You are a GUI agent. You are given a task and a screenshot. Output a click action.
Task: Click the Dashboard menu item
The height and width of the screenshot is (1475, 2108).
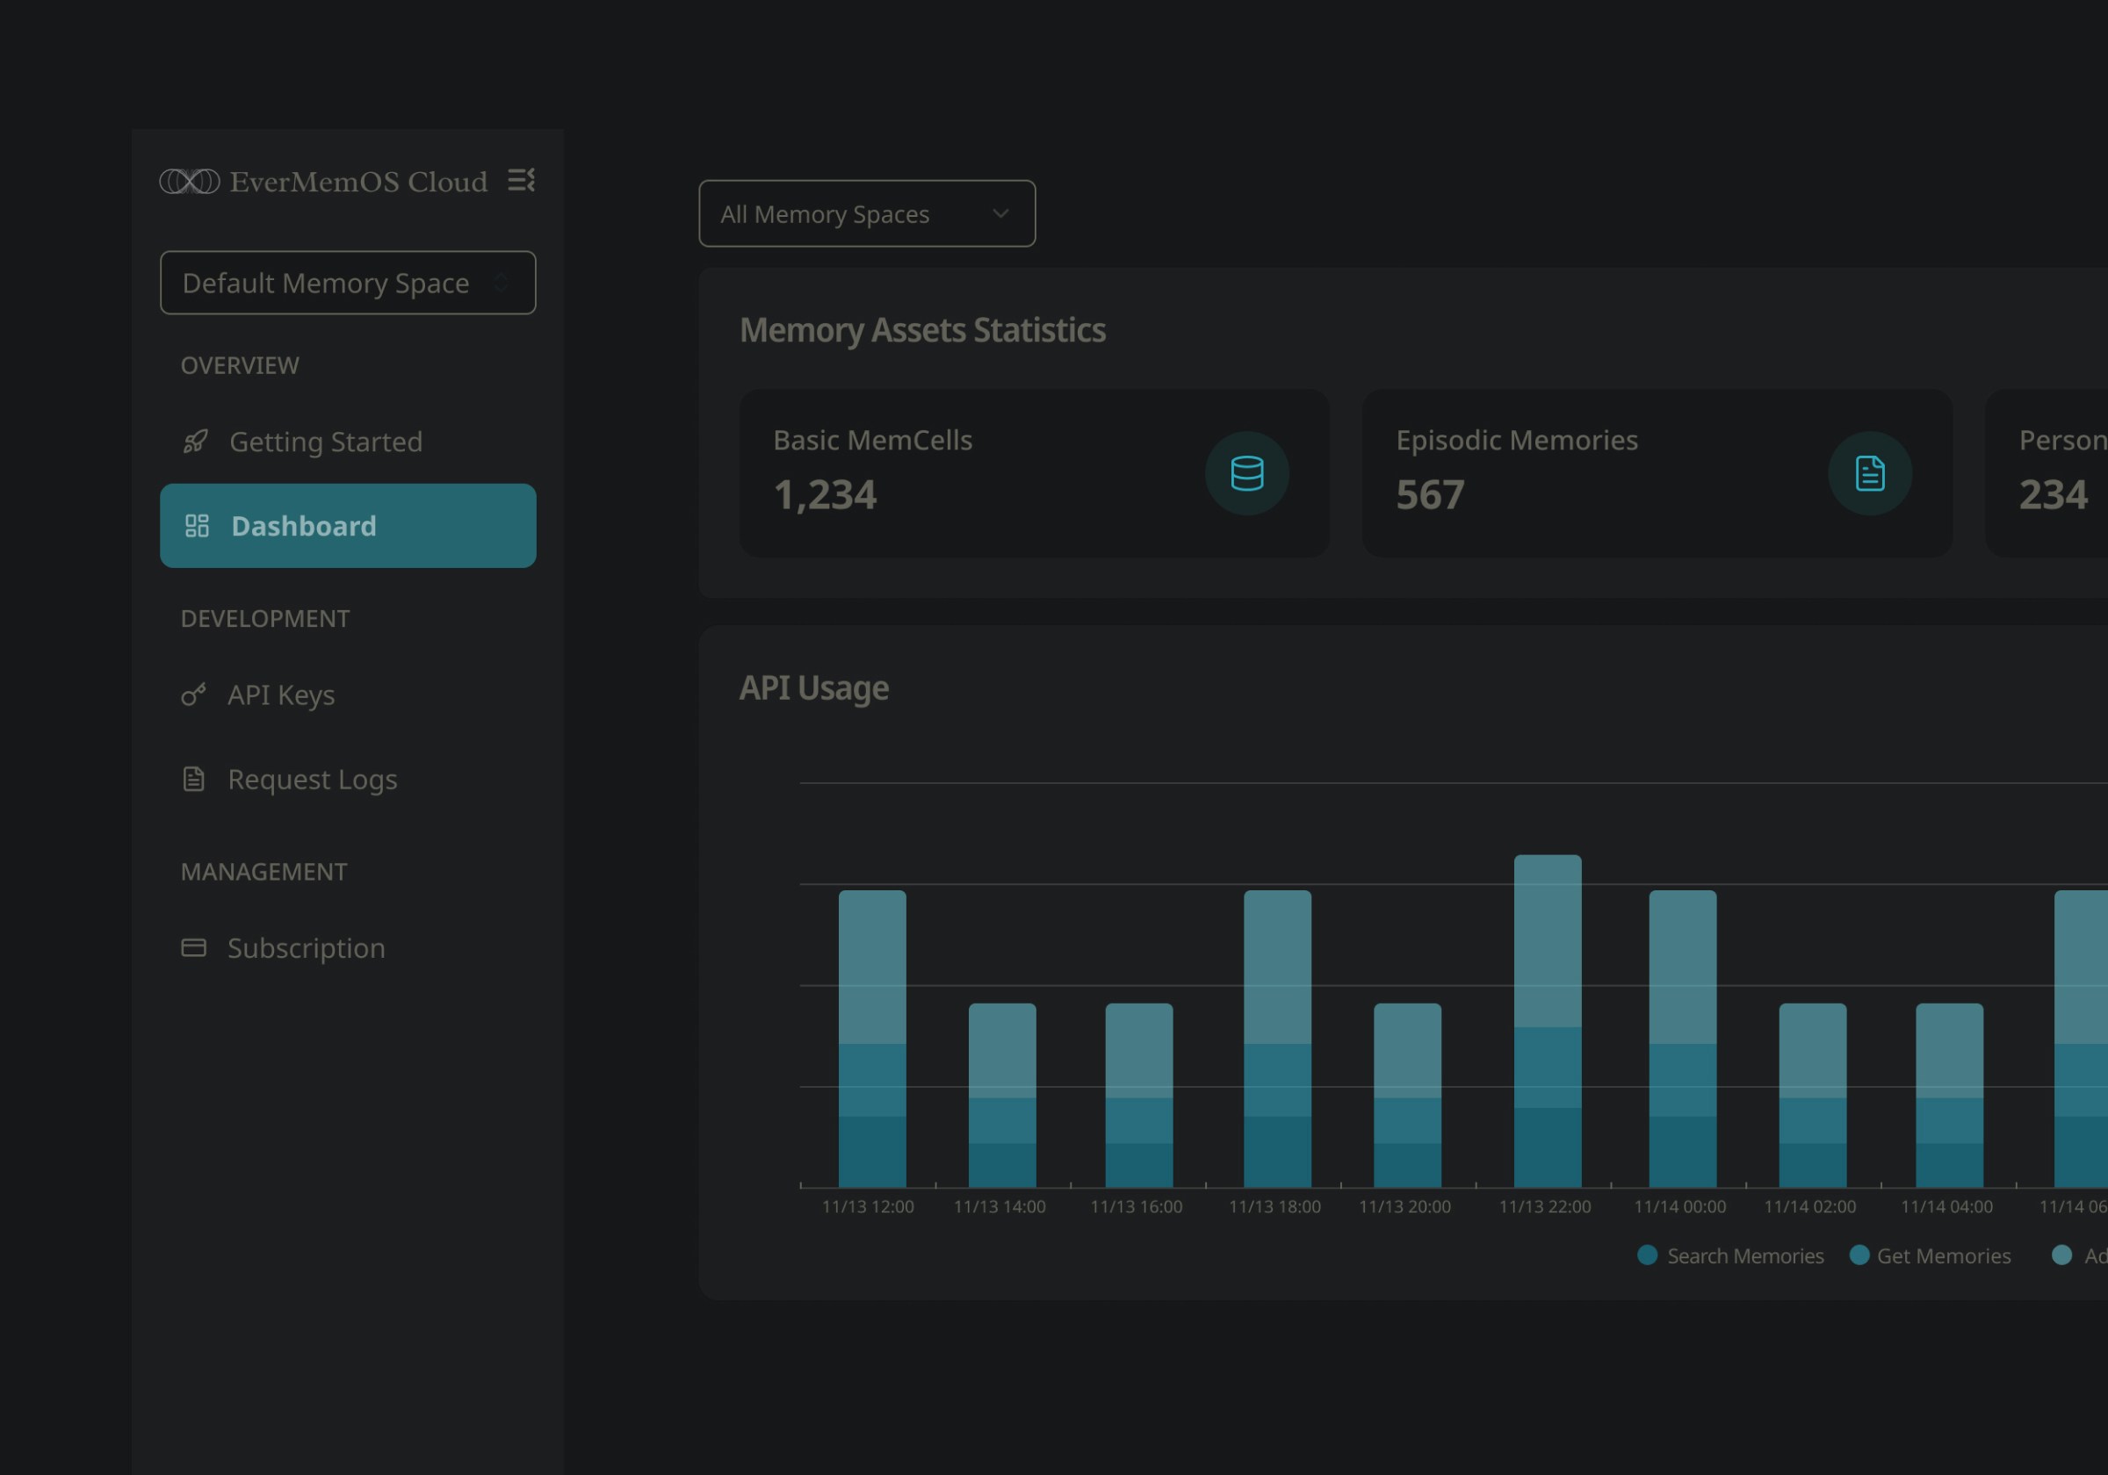point(347,526)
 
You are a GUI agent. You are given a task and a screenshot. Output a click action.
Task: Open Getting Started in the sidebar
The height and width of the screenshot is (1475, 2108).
point(325,442)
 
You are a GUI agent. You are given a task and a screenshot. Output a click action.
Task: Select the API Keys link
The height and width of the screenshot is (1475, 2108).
point(280,694)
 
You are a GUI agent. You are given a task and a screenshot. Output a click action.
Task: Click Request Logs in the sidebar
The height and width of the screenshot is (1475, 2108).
point(311,780)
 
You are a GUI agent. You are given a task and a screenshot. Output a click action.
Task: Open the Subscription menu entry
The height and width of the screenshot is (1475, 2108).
point(306,948)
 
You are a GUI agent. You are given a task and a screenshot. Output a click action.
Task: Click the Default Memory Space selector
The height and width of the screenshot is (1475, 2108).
point(347,283)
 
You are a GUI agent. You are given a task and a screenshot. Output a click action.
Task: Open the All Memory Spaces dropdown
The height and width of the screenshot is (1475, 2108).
point(866,214)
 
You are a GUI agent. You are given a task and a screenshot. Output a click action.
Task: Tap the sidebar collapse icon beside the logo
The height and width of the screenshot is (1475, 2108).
point(522,180)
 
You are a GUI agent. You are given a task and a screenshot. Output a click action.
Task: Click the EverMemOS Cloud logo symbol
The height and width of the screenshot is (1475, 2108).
point(190,182)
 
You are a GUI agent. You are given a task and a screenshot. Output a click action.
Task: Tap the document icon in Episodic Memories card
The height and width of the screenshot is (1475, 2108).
point(1869,473)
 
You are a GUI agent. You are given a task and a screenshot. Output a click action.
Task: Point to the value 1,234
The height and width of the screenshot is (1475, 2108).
point(825,494)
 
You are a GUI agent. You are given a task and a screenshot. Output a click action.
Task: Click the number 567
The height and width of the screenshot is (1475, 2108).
point(1430,494)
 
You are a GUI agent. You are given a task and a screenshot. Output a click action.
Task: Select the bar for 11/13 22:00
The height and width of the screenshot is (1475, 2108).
point(1547,1021)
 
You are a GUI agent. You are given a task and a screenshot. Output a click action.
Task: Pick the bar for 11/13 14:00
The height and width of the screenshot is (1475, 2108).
point(1001,1095)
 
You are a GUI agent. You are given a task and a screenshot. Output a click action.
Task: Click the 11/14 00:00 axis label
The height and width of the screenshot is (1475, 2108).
point(1679,1207)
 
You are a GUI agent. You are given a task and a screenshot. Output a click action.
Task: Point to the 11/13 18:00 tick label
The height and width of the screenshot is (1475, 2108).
point(1274,1207)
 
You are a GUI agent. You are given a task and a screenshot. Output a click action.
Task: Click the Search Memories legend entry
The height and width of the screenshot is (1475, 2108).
point(1730,1256)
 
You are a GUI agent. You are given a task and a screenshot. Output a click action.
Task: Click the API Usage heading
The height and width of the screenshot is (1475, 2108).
point(813,688)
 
